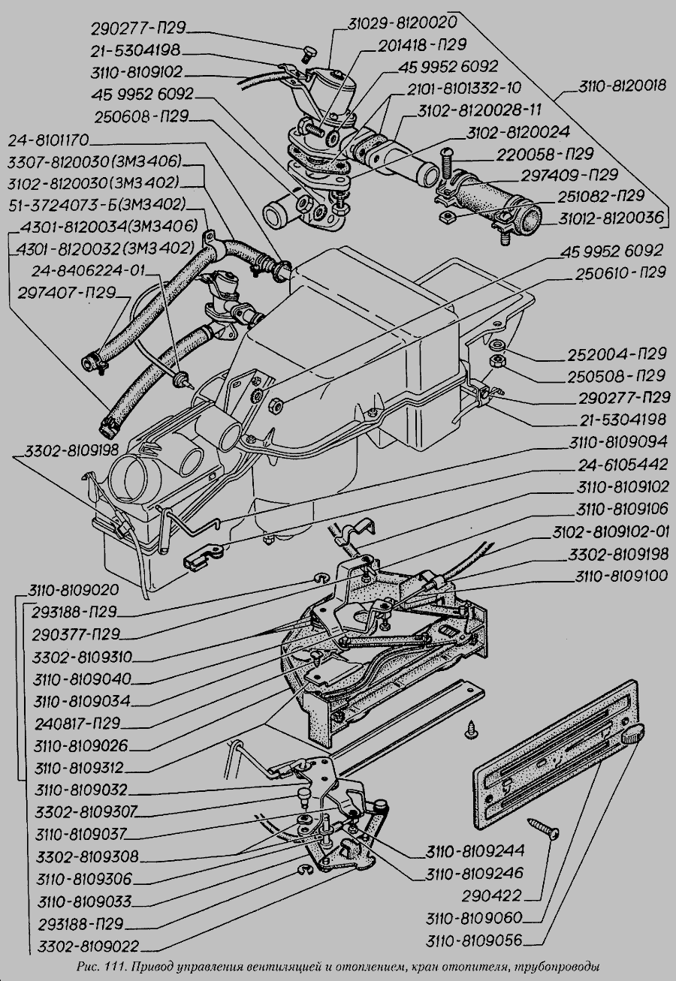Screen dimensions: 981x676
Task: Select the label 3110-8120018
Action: tap(622, 86)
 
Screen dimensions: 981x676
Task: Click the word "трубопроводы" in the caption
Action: tap(560, 966)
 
